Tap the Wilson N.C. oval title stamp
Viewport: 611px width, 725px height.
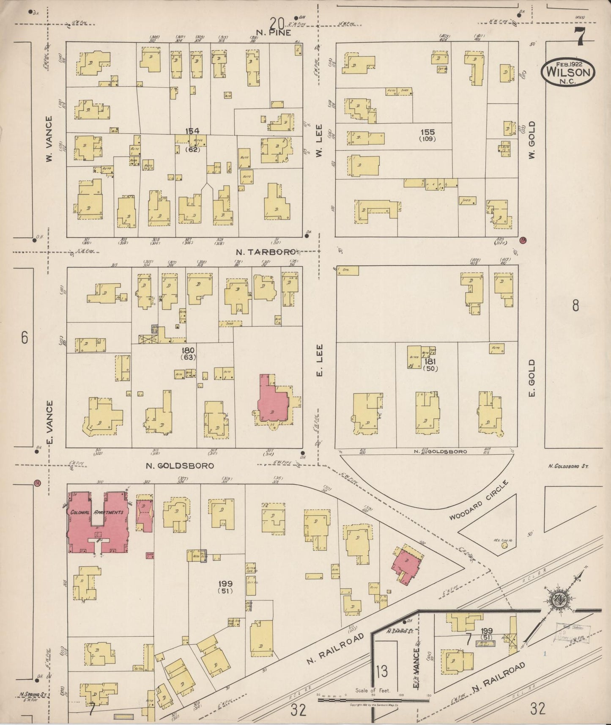568,72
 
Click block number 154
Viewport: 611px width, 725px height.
192,131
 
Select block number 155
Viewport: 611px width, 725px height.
427,132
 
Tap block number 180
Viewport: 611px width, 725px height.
187,350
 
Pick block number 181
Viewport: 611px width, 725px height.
430,361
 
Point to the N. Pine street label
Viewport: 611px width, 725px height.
273,33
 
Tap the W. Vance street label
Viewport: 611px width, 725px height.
49,140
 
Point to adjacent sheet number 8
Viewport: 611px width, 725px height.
575,305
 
